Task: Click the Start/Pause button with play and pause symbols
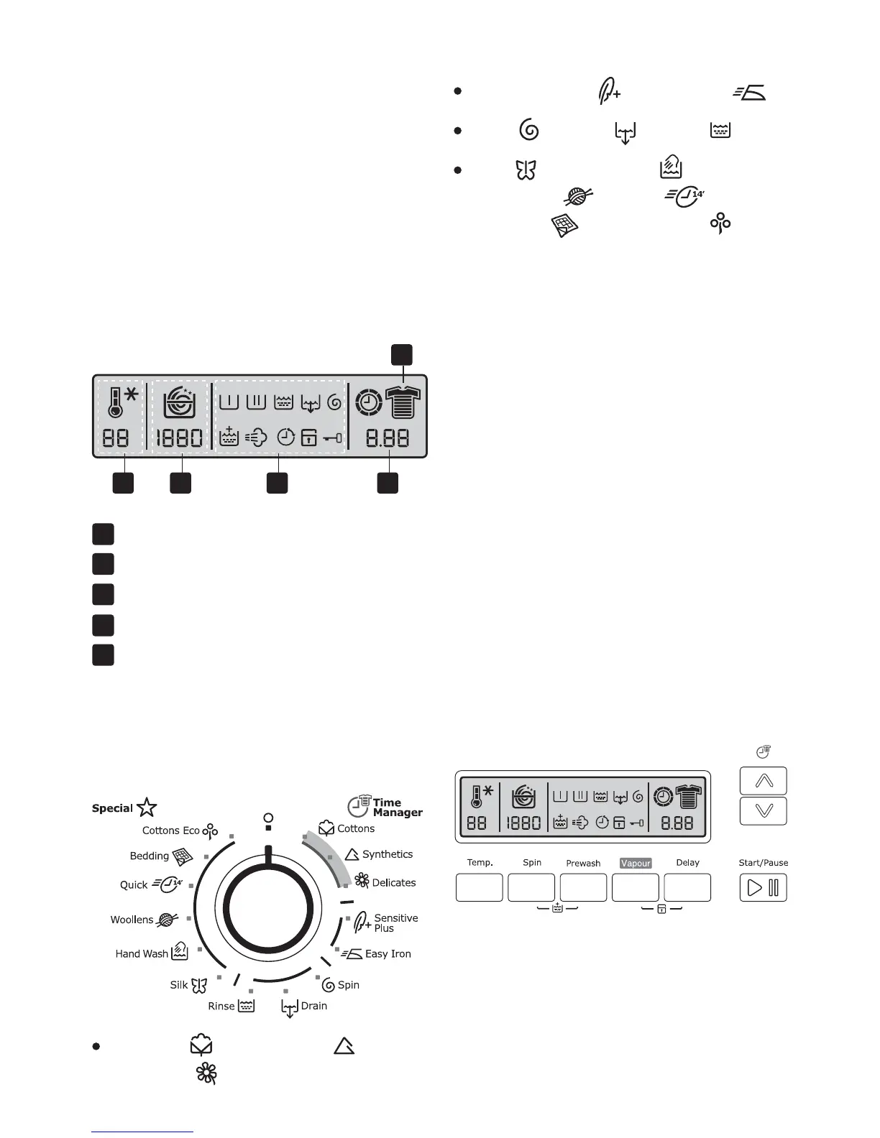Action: [x=764, y=888]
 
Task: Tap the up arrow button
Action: [x=764, y=781]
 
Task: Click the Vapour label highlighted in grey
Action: [x=636, y=863]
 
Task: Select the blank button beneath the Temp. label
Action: [x=480, y=888]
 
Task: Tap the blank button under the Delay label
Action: [x=687, y=888]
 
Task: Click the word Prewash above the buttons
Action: [x=583, y=863]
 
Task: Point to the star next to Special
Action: [x=147, y=808]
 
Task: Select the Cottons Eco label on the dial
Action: [x=170, y=831]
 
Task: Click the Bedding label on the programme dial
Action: [x=150, y=856]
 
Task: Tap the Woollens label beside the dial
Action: [x=132, y=920]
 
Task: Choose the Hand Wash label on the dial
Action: [x=142, y=954]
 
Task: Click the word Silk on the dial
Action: [x=178, y=985]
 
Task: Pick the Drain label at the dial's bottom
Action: [x=314, y=1006]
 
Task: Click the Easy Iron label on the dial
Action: [x=388, y=954]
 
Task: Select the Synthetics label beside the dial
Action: [x=388, y=854]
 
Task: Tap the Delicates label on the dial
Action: [x=394, y=883]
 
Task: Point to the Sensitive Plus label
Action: [x=395, y=923]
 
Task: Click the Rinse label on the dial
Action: [x=221, y=1006]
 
